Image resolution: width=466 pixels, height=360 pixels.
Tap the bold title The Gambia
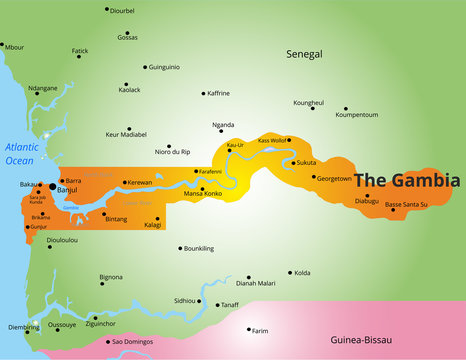coord(408,181)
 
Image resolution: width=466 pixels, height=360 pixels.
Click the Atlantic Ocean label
coord(20,153)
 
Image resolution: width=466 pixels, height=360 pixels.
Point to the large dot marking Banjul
coord(53,186)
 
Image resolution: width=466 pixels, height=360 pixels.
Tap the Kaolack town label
coord(129,90)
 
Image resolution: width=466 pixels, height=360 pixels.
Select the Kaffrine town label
coord(218,93)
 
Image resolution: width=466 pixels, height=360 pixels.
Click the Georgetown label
coord(334,178)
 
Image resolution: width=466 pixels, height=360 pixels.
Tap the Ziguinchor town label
coord(107,324)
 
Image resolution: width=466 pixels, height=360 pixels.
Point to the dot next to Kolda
coord(290,271)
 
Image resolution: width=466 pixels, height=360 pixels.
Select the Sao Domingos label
coord(131,342)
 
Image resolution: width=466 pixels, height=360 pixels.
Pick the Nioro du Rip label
coord(172,151)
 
